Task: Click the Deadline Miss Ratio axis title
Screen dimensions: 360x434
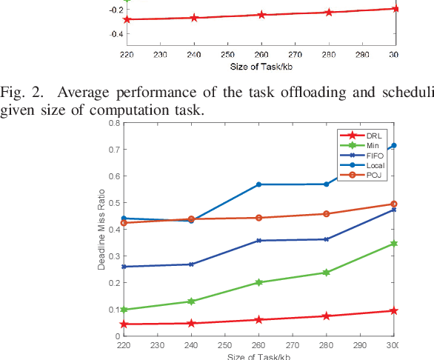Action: coord(102,229)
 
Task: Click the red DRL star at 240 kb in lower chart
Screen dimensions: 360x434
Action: coord(191,323)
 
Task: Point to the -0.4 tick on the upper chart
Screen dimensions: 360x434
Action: coord(113,34)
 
